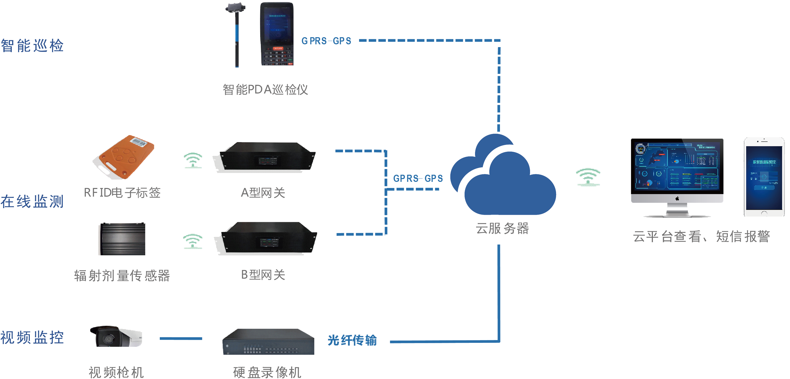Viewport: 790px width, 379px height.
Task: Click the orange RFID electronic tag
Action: [x=124, y=157]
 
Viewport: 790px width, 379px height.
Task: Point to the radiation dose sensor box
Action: [x=122, y=239]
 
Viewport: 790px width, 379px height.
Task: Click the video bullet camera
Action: [x=116, y=337]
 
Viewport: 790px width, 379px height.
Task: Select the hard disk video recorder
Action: [x=269, y=342]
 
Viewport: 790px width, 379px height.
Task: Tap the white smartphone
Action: [x=764, y=177]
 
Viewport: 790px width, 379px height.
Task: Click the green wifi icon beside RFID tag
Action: [x=193, y=160]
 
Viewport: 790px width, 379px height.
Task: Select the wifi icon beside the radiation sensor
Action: [x=193, y=241]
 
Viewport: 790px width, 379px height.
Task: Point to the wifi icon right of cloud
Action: [x=588, y=177]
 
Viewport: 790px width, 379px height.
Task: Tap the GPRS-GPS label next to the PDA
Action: [x=326, y=41]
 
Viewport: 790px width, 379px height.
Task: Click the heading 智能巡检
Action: [x=32, y=46]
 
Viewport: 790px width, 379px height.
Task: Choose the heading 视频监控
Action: [x=32, y=337]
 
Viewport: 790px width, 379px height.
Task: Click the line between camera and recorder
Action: [x=181, y=339]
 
